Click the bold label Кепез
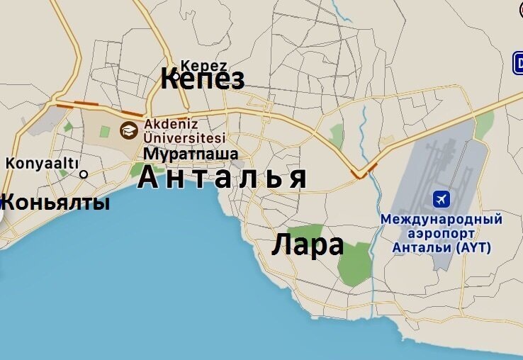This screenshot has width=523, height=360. pyautogui.click(x=203, y=79)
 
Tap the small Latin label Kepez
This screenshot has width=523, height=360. pyautogui.click(x=203, y=64)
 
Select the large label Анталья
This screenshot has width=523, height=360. pyautogui.click(x=223, y=177)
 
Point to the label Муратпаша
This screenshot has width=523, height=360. pyautogui.click(x=191, y=153)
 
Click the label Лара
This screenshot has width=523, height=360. pyautogui.click(x=308, y=245)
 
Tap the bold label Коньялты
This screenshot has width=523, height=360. pyautogui.click(x=55, y=203)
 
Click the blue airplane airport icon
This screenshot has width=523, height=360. pyautogui.click(x=441, y=200)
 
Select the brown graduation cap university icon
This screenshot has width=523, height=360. pyautogui.click(x=128, y=130)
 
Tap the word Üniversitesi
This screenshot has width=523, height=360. pyautogui.click(x=184, y=138)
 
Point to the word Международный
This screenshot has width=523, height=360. pyautogui.click(x=441, y=219)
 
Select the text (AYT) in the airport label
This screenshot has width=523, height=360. pyautogui.click(x=473, y=247)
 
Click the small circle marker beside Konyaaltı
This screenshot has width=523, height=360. pyautogui.click(x=84, y=174)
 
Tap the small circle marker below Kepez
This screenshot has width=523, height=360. pyautogui.click(x=177, y=76)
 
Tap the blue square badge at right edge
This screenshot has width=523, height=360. pyautogui.click(x=518, y=63)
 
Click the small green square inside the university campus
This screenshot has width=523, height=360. pyautogui.click(x=104, y=131)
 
